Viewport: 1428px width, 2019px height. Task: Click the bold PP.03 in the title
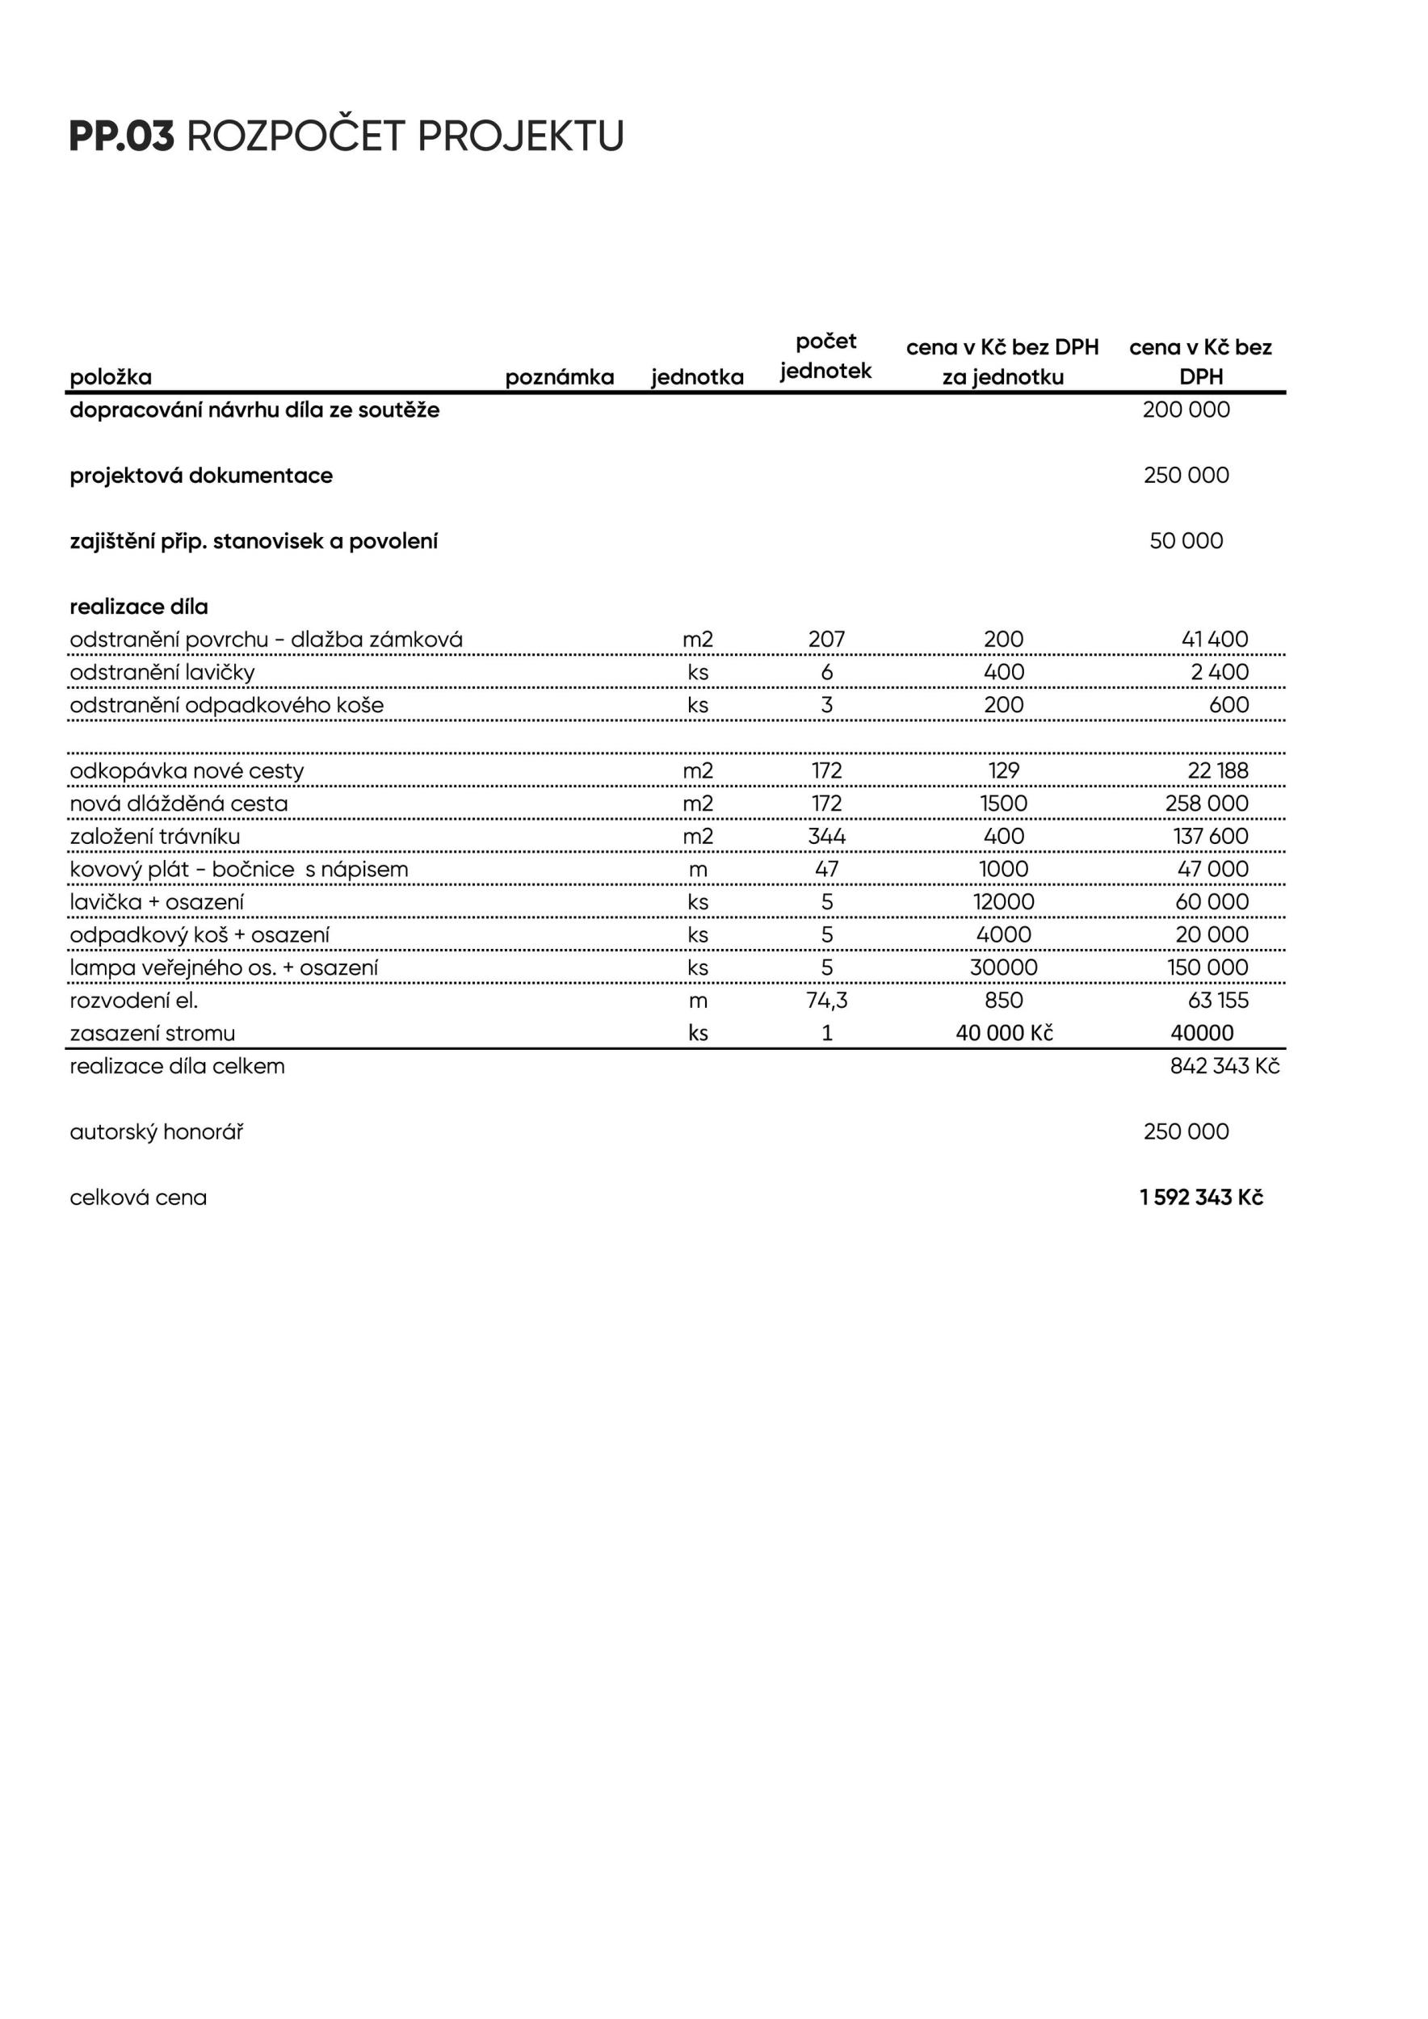point(121,136)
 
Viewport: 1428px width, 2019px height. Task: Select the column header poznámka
point(559,377)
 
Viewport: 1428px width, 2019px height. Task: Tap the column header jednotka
point(697,377)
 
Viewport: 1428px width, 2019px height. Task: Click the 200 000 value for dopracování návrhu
point(1186,409)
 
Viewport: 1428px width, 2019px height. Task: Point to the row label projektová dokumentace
point(201,476)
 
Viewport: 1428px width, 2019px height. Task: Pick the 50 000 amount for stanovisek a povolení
point(1186,541)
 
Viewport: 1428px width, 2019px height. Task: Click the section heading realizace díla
point(139,607)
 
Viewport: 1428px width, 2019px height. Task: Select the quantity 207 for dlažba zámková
point(825,640)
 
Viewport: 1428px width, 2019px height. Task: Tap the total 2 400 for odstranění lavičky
point(1220,672)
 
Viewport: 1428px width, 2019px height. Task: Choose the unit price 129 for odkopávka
point(1003,770)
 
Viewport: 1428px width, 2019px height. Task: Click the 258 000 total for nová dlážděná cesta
point(1207,804)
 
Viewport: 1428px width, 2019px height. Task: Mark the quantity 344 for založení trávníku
point(825,836)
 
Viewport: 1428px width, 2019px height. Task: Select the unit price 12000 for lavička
point(1003,902)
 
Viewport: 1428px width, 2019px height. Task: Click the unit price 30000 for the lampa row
point(1003,968)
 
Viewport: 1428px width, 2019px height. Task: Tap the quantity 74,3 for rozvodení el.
point(826,1001)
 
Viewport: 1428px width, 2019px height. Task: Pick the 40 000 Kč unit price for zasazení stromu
point(1003,1033)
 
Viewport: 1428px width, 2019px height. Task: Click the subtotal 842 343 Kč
point(1224,1066)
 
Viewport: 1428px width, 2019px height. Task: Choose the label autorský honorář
point(157,1131)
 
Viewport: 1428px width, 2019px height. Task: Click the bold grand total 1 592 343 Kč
point(1201,1198)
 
